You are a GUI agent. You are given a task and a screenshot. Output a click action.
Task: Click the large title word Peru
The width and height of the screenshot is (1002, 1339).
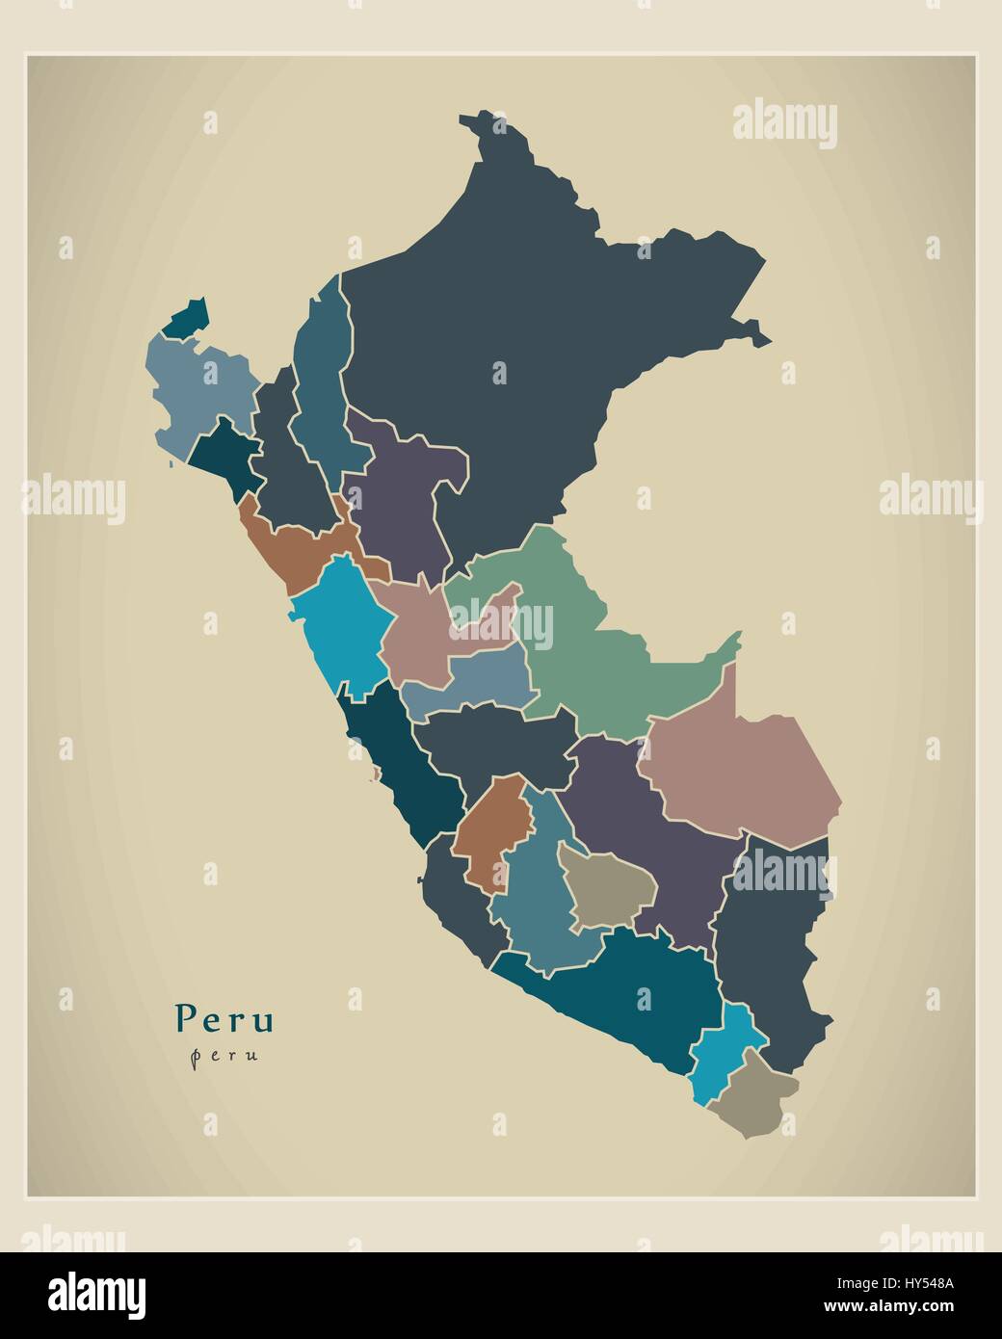click(x=224, y=1017)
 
